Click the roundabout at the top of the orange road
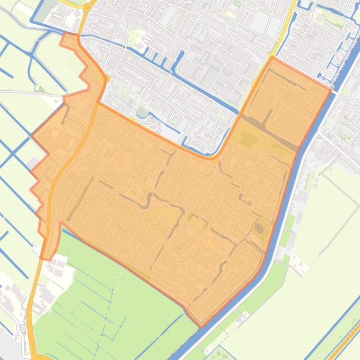point(87,7)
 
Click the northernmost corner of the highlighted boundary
point(272,58)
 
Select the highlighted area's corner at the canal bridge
point(331,89)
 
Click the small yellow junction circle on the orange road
point(107,79)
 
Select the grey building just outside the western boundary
point(33,164)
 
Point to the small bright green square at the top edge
point(237,4)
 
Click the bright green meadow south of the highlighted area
point(108,290)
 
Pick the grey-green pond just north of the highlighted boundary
point(142,112)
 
